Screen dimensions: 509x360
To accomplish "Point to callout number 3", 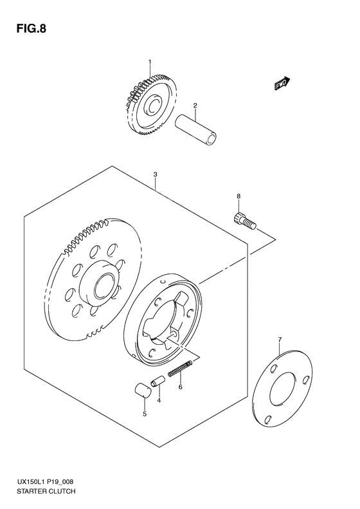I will [x=156, y=174].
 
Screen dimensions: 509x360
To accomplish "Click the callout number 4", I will [x=159, y=400].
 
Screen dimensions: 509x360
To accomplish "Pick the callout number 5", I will [x=145, y=413].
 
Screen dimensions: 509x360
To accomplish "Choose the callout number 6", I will [x=181, y=387].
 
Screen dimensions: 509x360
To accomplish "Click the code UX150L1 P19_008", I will [x=44, y=481].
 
